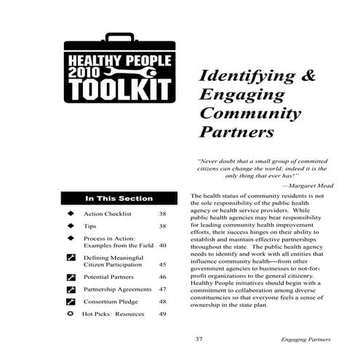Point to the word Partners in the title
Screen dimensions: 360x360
(236, 134)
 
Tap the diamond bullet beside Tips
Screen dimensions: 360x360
(71, 226)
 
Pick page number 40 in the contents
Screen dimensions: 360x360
(163, 247)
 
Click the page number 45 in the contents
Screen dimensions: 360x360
(163, 265)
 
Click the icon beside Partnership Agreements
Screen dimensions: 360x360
(71, 289)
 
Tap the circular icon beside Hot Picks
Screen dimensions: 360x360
(71, 313)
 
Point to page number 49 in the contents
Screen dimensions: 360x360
(163, 314)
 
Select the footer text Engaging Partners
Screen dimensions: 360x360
(306, 340)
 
